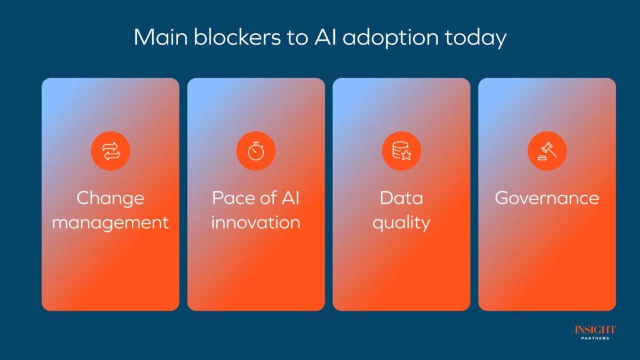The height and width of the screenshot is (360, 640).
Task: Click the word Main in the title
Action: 161,37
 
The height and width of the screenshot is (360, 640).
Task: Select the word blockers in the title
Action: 237,37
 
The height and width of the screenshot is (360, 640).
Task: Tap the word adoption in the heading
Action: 390,38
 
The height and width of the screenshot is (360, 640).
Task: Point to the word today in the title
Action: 476,38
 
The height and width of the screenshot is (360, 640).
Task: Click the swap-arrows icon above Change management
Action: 111,151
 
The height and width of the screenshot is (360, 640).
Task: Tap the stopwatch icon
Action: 256,151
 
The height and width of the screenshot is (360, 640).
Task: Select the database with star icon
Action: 402,151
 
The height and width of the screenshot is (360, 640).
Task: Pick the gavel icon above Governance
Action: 547,151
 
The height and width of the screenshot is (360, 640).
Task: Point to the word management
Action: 110,223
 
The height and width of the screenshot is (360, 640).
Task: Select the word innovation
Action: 256,222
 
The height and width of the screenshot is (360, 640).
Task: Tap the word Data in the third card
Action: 402,198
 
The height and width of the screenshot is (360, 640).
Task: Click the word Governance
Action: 547,198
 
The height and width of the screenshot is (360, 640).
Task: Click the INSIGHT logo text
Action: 595,330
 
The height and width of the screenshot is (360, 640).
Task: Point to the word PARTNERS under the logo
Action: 595,338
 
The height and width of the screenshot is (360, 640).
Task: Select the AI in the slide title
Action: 325,37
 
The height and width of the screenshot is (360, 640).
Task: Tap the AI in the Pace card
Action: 291,198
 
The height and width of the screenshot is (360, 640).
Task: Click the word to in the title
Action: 297,37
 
